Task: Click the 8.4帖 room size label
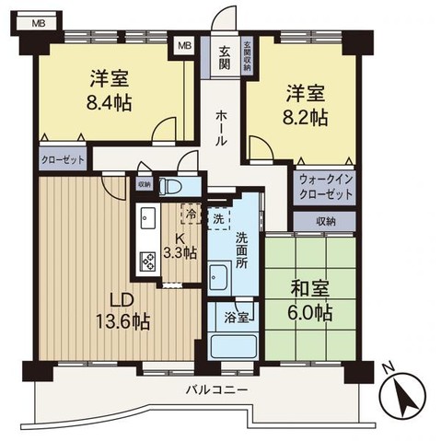pos(109,103)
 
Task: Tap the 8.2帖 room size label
pos(305,118)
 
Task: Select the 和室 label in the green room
pos(310,289)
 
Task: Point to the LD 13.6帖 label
pos(122,311)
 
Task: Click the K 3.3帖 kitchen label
pos(180,246)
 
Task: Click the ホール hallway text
pos(221,128)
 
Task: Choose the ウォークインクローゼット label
pos(326,187)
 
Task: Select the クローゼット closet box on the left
pos(63,158)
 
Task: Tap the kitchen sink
pos(148,217)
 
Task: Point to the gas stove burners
pos(148,261)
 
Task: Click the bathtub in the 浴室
pos(233,346)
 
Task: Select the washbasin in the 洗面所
pos(218,277)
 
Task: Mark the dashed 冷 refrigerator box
pos(191,214)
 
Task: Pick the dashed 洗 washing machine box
pos(218,218)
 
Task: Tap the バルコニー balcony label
pos(216,390)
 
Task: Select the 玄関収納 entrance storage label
pos(247,56)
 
